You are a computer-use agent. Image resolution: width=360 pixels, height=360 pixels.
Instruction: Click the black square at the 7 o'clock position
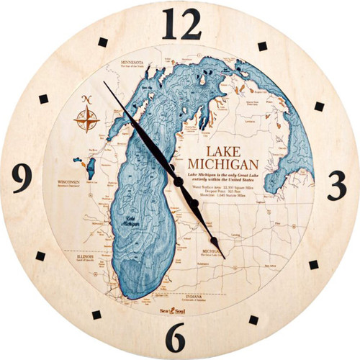[x=96, y=313]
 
